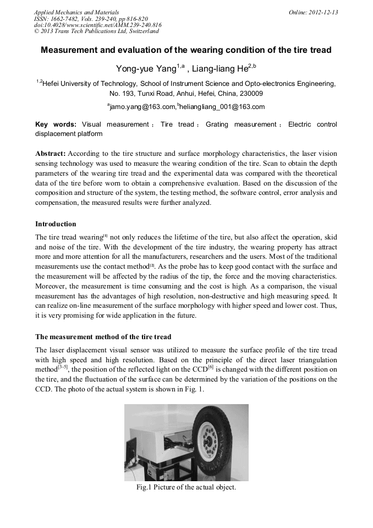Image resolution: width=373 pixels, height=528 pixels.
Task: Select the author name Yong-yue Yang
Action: click(145, 68)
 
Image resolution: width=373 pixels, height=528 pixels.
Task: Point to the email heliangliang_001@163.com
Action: click(222, 107)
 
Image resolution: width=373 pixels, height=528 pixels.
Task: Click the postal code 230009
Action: click(251, 94)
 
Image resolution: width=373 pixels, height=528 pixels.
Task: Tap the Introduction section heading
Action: click(56, 224)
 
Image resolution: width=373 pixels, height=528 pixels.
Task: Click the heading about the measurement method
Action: click(103, 336)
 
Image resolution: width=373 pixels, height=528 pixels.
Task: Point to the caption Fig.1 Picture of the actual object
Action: click(186, 487)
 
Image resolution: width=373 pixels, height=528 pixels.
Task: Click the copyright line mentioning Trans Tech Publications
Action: click(96, 31)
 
